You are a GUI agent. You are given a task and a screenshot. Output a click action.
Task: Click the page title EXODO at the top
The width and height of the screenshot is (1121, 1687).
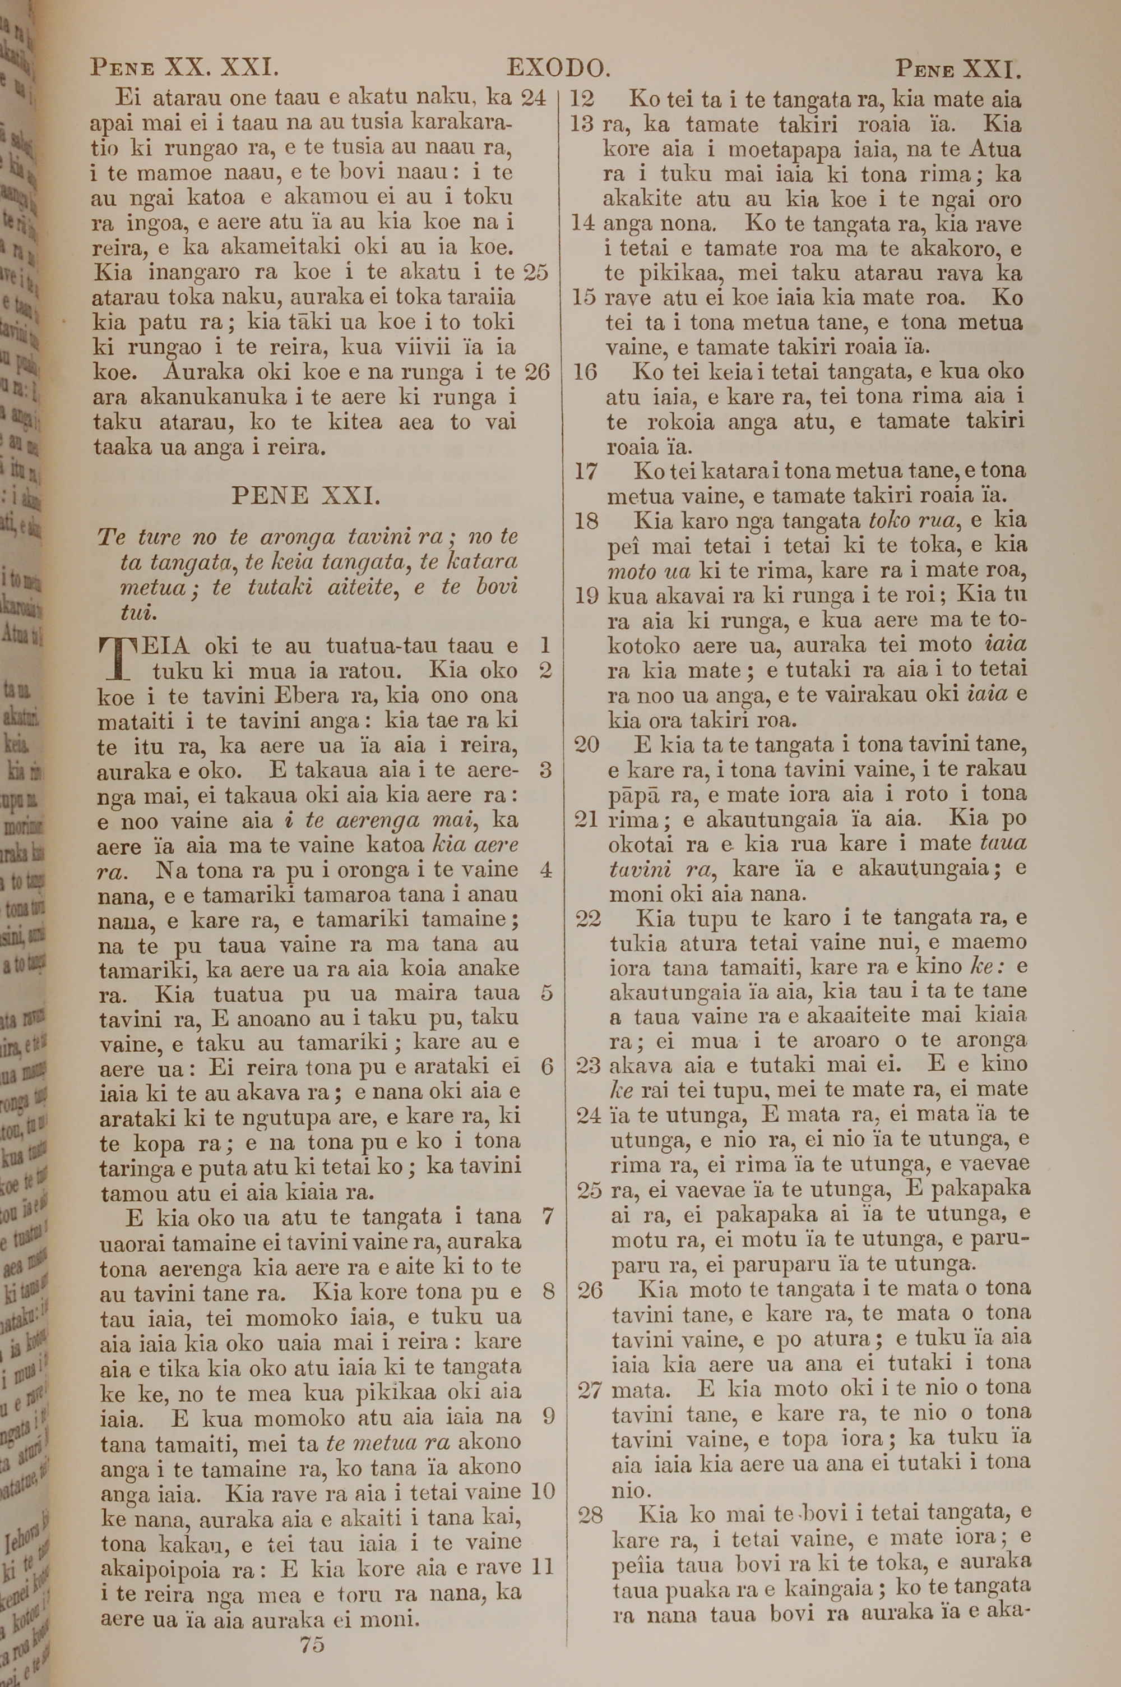pyautogui.click(x=558, y=68)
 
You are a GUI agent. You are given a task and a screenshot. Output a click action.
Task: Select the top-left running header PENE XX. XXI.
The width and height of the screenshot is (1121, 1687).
pyautogui.click(x=184, y=68)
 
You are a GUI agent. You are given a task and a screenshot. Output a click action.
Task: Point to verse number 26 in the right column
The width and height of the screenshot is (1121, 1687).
pyautogui.click(x=590, y=1289)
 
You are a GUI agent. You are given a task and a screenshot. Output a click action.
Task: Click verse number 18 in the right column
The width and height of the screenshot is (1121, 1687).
pyautogui.click(x=586, y=520)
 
